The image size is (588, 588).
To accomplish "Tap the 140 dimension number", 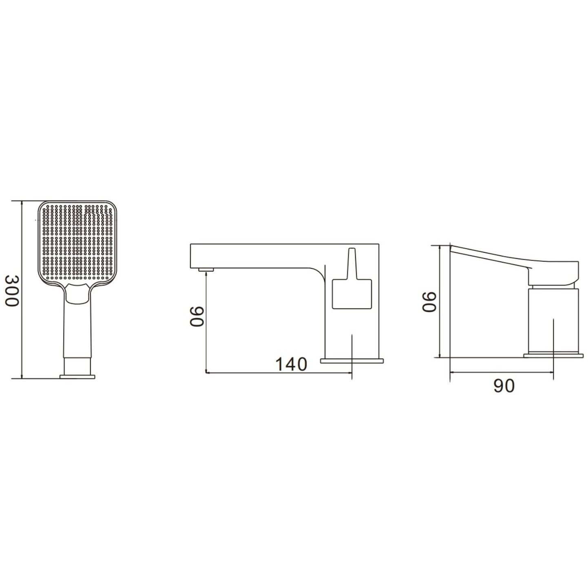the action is (x=291, y=364).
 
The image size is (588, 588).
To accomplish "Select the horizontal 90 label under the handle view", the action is (x=504, y=386).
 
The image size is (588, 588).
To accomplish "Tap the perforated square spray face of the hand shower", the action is (x=78, y=243).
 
